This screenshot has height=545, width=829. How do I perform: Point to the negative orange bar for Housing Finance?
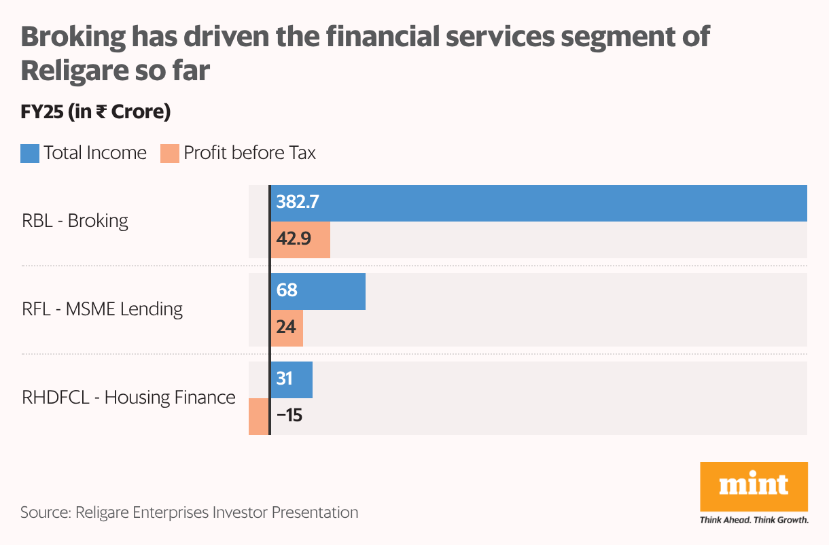(x=258, y=416)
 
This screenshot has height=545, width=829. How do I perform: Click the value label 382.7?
(x=298, y=202)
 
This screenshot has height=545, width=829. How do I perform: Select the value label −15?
(x=289, y=415)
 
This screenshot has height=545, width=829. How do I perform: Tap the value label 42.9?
(x=293, y=240)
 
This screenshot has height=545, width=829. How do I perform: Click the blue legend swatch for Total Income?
(x=30, y=154)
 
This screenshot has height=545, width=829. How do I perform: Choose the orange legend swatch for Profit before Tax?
(x=169, y=154)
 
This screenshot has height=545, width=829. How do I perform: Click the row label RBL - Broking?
(x=75, y=221)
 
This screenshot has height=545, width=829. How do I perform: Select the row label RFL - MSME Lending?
(x=103, y=309)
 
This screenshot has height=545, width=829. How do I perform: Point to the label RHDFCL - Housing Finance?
(x=128, y=397)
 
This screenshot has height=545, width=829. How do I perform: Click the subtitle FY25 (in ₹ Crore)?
(x=95, y=111)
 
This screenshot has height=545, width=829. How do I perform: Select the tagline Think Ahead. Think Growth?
(x=754, y=521)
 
